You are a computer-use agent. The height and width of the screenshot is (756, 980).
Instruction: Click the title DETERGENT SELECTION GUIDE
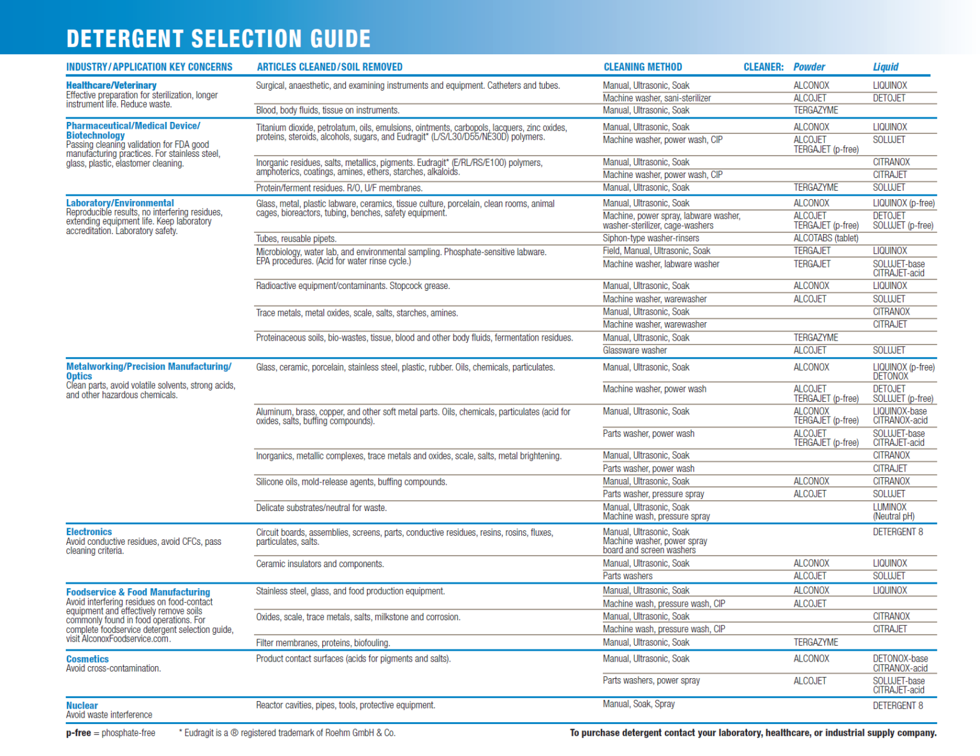click(218, 39)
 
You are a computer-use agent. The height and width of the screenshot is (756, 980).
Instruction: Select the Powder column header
click(809, 67)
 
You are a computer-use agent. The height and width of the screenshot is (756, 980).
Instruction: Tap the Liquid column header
click(886, 67)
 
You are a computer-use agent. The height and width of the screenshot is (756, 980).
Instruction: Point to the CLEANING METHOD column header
click(642, 67)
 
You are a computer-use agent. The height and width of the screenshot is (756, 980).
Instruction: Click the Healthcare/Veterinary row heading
click(111, 85)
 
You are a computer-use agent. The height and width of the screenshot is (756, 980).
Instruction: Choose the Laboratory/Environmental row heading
click(120, 203)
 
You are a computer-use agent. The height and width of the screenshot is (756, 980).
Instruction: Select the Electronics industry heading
click(89, 532)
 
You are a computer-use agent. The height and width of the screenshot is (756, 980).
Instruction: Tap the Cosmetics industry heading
click(87, 659)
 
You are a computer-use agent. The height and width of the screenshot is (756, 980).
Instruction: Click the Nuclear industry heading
click(82, 706)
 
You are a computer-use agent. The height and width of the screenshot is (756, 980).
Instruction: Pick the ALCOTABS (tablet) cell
click(826, 239)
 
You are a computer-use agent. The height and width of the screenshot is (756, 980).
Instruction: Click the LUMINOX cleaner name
click(889, 507)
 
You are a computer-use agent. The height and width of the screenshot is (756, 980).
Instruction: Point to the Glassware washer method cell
click(635, 350)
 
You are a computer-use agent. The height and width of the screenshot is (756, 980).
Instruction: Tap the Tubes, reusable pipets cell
click(296, 239)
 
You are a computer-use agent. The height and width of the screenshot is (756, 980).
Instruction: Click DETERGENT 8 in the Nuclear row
click(898, 706)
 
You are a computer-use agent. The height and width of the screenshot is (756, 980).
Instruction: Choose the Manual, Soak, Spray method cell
click(639, 704)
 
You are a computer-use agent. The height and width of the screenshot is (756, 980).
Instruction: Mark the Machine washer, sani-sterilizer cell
click(657, 98)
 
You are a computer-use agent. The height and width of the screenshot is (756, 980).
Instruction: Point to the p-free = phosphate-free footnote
click(110, 733)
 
